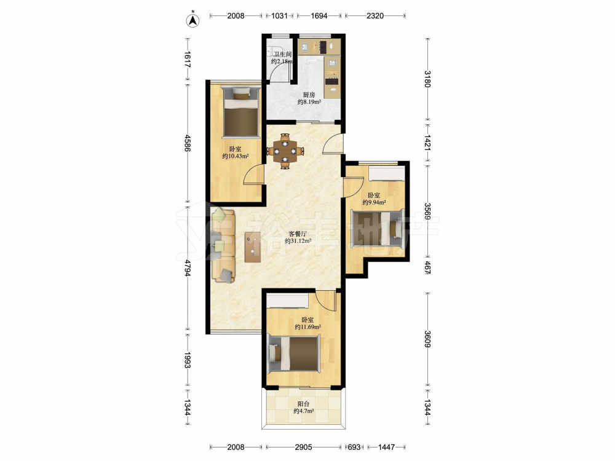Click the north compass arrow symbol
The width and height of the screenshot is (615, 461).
click(x=192, y=20)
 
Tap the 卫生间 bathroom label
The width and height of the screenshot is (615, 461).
click(x=282, y=54)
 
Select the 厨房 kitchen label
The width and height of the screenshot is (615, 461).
click(x=309, y=95)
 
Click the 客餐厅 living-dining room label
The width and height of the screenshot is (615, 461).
click(x=298, y=234)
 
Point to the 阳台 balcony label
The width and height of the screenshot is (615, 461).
click(x=303, y=404)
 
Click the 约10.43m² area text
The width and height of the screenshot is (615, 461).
click(x=236, y=156)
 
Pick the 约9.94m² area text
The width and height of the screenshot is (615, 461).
click(x=374, y=202)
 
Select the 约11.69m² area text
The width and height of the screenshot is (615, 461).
click(x=308, y=327)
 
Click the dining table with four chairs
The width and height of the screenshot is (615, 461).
click(x=285, y=151)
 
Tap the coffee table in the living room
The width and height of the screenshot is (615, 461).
click(x=253, y=247)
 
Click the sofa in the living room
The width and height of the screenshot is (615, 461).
click(x=223, y=246)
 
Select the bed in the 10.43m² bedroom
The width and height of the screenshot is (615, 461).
click(x=240, y=112)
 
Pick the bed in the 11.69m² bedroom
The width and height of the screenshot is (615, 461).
click(x=294, y=353)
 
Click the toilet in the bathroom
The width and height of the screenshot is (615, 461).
click(x=270, y=52)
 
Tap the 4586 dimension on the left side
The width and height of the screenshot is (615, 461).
click(x=188, y=143)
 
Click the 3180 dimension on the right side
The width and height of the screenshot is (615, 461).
click(x=427, y=79)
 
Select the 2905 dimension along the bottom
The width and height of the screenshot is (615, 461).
click(x=304, y=447)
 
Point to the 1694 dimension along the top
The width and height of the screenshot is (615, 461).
click(x=319, y=16)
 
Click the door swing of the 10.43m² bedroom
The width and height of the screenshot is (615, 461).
click(x=253, y=175)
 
